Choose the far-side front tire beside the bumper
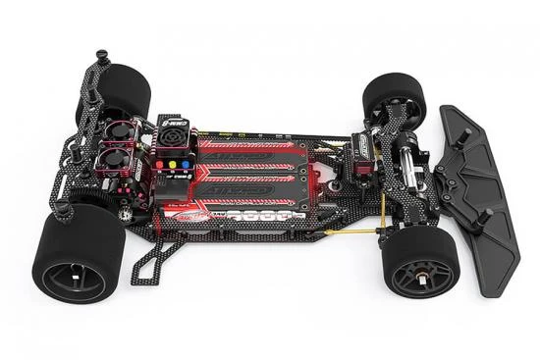tap(394, 97)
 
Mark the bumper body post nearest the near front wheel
tap(484, 221)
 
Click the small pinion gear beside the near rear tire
tap(127, 210)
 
